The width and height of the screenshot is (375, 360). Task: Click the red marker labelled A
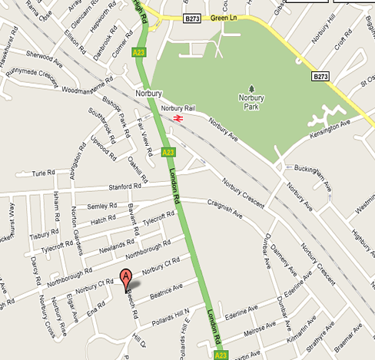125,279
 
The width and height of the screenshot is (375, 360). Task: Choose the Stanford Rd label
126,186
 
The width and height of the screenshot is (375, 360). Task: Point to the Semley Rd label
101,206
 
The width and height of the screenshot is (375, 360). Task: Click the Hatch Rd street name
103,220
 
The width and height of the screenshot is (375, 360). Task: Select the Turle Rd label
44,173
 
